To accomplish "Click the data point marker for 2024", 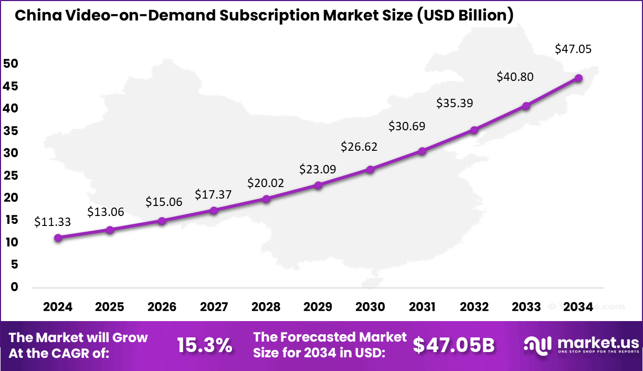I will tap(58, 238).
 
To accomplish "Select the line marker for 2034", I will tap(578, 78).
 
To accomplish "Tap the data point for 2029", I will tap(318, 185).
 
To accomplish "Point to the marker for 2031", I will tap(422, 151).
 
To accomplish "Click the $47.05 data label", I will tap(573, 49).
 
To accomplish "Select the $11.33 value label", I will tap(52, 222).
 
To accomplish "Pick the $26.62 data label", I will tap(359, 147).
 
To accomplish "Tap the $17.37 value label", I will tap(213, 194).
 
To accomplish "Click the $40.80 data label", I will tap(515, 77).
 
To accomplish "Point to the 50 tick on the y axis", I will tap(10, 64).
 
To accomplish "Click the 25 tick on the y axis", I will tap(10, 176).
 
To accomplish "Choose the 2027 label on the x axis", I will tap(214, 307).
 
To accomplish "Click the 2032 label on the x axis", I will tap(474, 307).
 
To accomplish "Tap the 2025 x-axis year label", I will tap(110, 307).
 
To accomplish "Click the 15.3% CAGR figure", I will tap(205, 346).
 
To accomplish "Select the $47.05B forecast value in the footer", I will tap(454, 345).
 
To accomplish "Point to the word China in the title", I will tap(36, 15).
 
